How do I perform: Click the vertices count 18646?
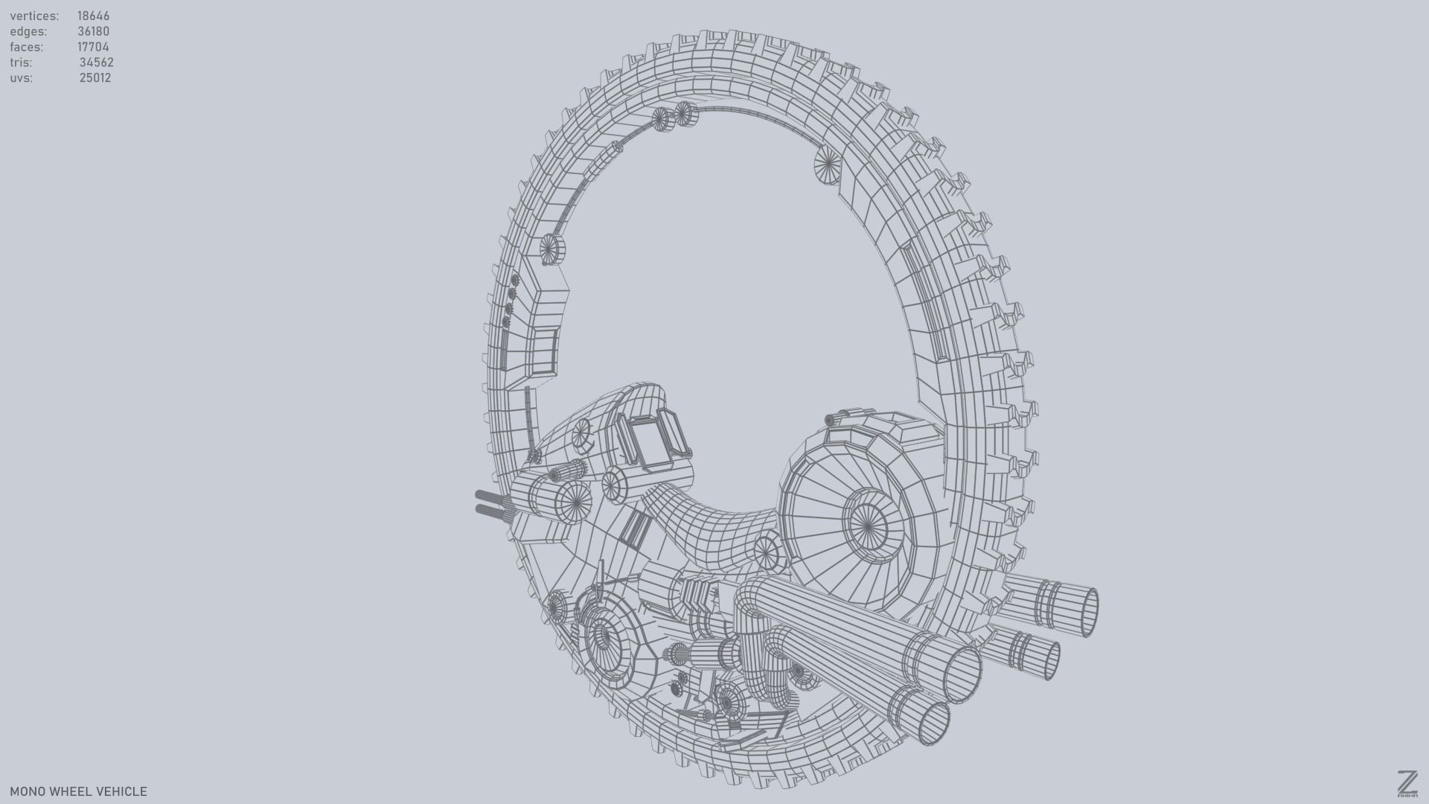[x=93, y=16]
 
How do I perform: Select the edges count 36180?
[x=93, y=31]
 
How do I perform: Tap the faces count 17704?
[x=93, y=47]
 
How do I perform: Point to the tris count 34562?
[x=96, y=63]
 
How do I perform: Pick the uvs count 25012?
[x=95, y=78]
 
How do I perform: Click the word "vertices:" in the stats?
[x=34, y=16]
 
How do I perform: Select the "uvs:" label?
[x=22, y=78]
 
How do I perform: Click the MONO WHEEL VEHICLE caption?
[x=78, y=791]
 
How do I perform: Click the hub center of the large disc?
[x=868, y=526]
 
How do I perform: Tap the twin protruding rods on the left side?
[x=491, y=503]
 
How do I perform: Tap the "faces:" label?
[x=27, y=47]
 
